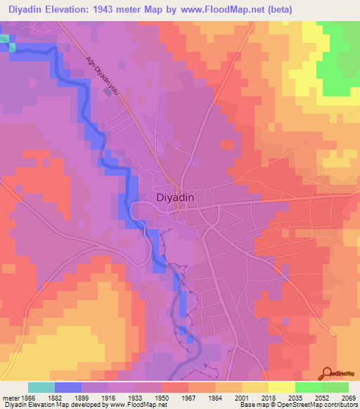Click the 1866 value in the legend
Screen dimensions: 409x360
pos(28,398)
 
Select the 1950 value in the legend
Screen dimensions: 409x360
pos(162,398)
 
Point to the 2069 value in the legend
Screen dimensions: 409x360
pos(348,398)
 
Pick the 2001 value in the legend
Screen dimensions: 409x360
pos(241,398)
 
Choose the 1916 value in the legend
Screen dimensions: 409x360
pos(108,398)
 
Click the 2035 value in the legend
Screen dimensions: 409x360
pos(295,398)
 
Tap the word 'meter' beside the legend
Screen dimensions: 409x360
pos(10,398)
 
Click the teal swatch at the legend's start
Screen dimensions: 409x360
pos(41,387)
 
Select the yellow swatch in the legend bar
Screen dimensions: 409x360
pos(281,387)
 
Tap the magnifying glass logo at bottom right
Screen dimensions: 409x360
pos(326,373)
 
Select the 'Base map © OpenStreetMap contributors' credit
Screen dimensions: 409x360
pos(298,405)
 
